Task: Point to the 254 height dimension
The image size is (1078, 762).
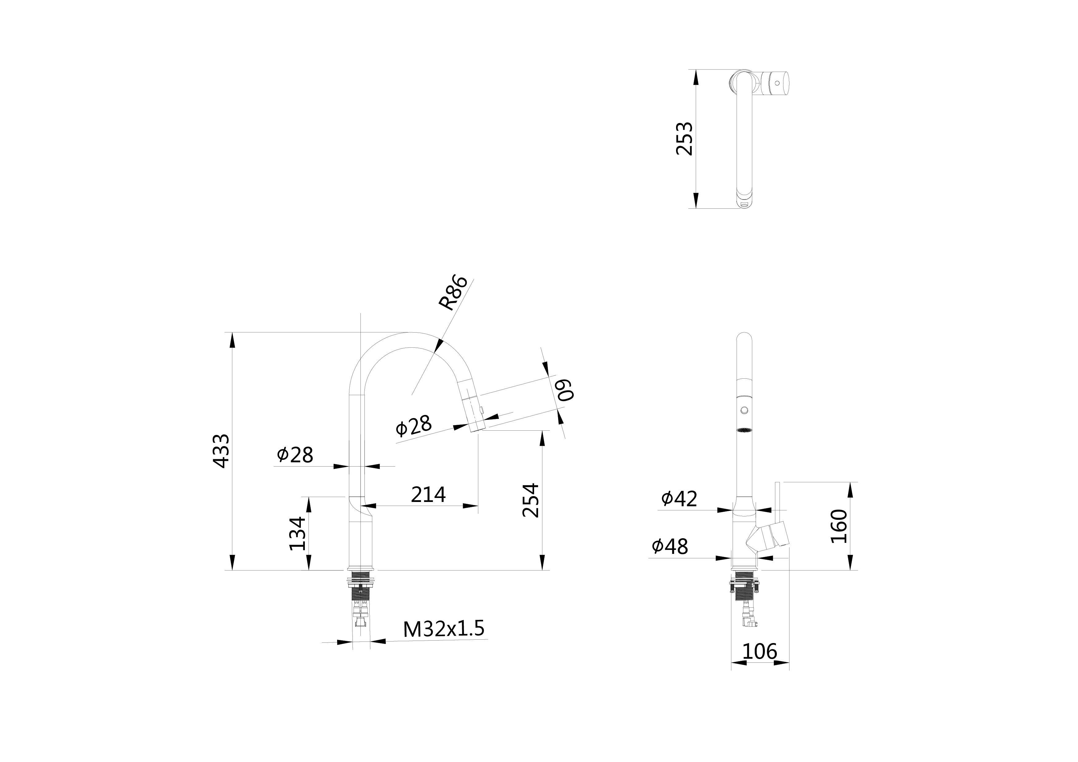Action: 531,500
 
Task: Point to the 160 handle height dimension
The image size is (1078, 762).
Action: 839,526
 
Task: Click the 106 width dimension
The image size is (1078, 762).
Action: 759,652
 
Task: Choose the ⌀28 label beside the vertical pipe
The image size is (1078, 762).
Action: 295,455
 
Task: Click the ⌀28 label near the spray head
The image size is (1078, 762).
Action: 413,425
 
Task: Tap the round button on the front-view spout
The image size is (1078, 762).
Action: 744,410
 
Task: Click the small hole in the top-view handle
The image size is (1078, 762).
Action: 777,83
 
